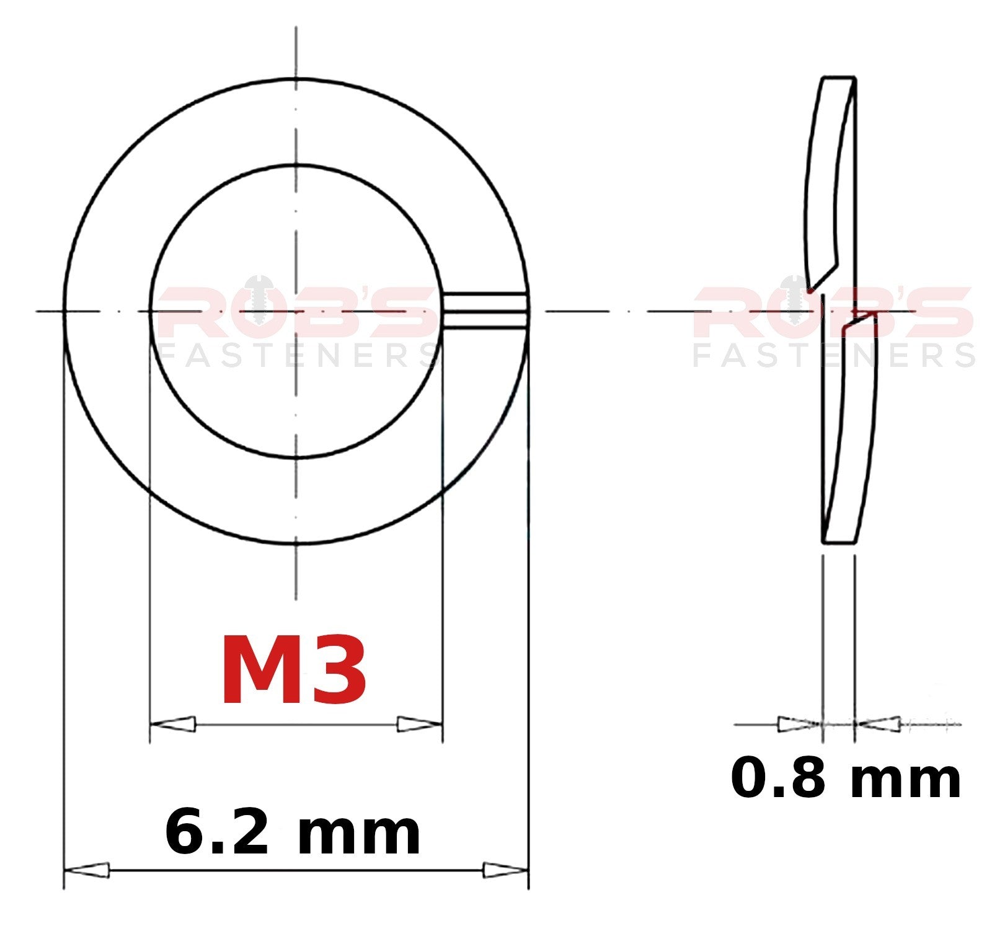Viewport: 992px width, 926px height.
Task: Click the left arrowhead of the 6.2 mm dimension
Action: click(x=87, y=870)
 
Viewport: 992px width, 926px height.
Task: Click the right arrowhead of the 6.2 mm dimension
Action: click(x=505, y=870)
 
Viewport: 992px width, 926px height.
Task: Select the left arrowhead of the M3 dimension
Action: click(x=173, y=723)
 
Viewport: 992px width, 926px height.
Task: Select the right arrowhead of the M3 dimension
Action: click(x=420, y=723)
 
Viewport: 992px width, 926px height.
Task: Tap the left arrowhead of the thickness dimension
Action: click(x=800, y=723)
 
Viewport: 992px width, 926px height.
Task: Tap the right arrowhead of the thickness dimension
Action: click(x=877, y=723)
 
